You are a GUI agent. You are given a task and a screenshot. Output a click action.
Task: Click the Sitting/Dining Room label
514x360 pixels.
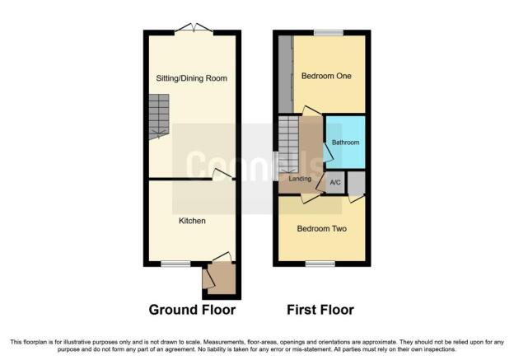coord(191,78)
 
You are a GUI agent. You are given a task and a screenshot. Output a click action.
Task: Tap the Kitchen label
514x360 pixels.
coord(192,221)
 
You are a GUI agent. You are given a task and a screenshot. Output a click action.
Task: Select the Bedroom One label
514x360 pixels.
coord(326,76)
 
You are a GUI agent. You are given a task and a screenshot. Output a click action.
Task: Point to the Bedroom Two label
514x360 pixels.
coord(321,228)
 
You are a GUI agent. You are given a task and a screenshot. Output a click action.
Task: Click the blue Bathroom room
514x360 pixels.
coord(346,142)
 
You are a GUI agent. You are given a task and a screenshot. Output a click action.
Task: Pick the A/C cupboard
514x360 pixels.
coord(335,182)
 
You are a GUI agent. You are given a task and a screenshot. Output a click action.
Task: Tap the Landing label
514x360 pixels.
coord(300,179)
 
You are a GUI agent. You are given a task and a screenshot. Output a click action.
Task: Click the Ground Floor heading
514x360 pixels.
coord(192,310)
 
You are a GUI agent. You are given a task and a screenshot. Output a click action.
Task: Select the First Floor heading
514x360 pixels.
coord(320,310)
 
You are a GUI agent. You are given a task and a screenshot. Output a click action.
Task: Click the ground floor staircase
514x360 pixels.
coord(159,116)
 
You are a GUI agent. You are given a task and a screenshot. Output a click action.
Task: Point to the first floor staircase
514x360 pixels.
coord(289,144)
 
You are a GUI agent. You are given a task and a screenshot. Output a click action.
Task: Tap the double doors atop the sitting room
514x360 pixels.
coord(194,28)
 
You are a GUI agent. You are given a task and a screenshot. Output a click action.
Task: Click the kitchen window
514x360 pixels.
coord(175,263)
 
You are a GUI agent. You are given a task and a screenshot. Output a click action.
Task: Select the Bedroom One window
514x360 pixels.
coord(329,32)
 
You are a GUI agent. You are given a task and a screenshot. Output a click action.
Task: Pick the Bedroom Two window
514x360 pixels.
coord(320,263)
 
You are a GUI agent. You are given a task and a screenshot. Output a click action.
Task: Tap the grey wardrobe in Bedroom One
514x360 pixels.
coord(286,74)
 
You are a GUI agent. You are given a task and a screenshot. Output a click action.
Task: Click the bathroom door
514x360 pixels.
coord(328,152)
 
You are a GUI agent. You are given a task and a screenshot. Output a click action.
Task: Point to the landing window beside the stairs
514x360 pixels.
coord(276,166)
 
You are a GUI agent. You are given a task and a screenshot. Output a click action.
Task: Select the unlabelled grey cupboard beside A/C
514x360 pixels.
coord(357,183)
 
